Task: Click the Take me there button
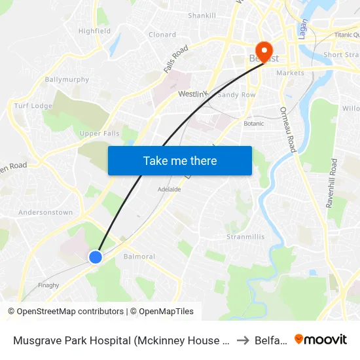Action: (180, 160)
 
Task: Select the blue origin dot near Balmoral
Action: (96, 257)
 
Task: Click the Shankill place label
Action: (202, 15)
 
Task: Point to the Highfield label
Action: (94, 31)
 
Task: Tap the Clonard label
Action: (162, 35)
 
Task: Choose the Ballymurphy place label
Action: (66, 80)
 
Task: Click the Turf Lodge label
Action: (33, 106)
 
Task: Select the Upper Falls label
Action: (99, 134)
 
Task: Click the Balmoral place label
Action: (139, 257)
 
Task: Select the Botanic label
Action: (254, 123)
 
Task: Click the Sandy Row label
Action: (236, 94)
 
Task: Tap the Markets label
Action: (290, 73)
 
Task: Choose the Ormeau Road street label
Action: (289, 130)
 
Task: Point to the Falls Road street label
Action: (176, 58)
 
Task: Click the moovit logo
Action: (321, 339)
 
